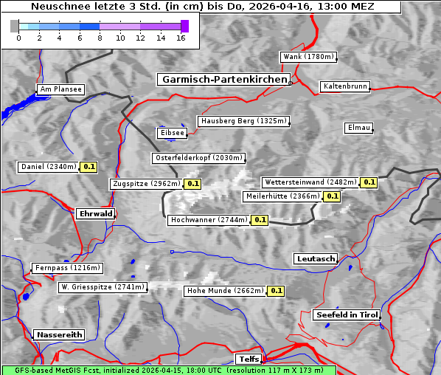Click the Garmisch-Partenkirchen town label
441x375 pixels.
pyautogui.click(x=223, y=79)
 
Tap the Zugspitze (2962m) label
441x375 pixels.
pyautogui.click(x=146, y=184)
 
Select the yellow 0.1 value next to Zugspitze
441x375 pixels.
pyautogui.click(x=192, y=184)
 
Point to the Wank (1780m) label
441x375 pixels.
pyautogui.click(x=308, y=57)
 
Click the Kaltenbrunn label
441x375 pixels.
pyautogui.click(x=344, y=86)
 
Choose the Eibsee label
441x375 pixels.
pyautogui.click(x=171, y=133)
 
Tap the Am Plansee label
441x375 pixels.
pyautogui.click(x=60, y=89)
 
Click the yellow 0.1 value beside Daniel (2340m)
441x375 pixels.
pyautogui.click(x=89, y=167)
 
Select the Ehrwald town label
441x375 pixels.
pyautogui.click(x=95, y=214)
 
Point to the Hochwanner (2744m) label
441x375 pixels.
pyautogui.click(x=209, y=220)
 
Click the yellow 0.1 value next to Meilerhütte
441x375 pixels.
pyautogui.click(x=332, y=196)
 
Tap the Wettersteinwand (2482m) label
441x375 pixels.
pyautogui.click(x=310, y=182)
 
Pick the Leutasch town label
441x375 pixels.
pyautogui.click(x=316, y=259)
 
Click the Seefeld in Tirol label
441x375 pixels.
pyautogui.click(x=347, y=314)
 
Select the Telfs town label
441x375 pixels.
pyautogui.click(x=248, y=359)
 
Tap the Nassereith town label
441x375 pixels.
pyautogui.click(x=59, y=334)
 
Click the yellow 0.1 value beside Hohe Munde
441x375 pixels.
pyautogui.click(x=275, y=291)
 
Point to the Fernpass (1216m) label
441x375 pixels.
pyautogui.click(x=67, y=268)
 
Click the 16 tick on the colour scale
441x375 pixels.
pyautogui.click(x=181, y=37)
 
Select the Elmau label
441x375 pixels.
pyautogui.click(x=358, y=128)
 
